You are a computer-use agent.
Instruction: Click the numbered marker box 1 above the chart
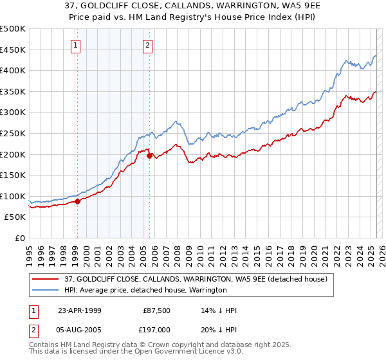pyautogui.click(x=77, y=45)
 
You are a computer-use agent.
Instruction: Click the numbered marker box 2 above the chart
pyautogui.click(x=148, y=45)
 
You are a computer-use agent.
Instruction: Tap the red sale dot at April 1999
pyautogui.click(x=77, y=201)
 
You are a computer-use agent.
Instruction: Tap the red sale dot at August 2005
pyautogui.click(x=149, y=156)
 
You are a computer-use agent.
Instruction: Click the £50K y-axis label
pyautogui.click(x=15, y=217)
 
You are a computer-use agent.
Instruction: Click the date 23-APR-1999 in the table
pyautogui.click(x=81, y=310)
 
